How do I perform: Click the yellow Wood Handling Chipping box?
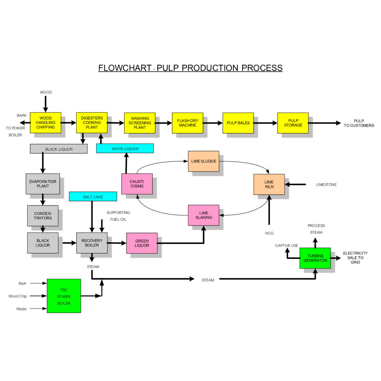[45, 123]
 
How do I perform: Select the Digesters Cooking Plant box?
[92, 123]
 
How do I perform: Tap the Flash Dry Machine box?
[188, 123]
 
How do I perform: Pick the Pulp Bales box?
[238, 123]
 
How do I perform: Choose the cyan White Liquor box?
[125, 148]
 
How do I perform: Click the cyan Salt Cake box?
[93, 196]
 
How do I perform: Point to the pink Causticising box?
[137, 184]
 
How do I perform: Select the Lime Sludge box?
[204, 161]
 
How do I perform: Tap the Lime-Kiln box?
[269, 184]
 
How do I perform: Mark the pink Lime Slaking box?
[204, 215]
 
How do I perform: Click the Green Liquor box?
[142, 243]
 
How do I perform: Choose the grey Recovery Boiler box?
[92, 243]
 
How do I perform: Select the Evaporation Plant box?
[43, 184]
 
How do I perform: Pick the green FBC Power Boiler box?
[64, 296]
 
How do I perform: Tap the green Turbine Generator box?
[315, 258]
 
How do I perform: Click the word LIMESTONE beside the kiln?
[326, 185]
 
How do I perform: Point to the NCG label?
[269, 233]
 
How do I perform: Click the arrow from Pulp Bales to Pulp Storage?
[265, 123]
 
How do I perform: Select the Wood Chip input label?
[18, 296]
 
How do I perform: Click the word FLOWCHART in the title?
[125, 68]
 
